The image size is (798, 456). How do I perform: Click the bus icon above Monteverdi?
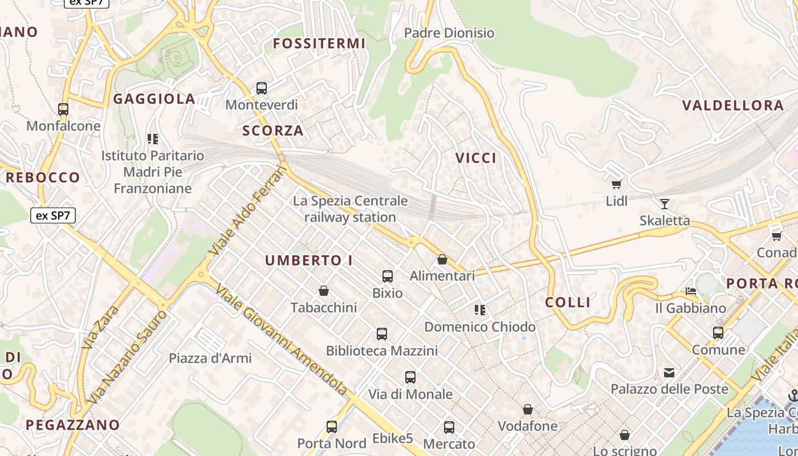(262, 88)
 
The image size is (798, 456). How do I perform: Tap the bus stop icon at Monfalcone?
(63, 109)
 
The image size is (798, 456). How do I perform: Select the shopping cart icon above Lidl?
(616, 184)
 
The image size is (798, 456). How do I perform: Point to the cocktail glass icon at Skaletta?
(665, 203)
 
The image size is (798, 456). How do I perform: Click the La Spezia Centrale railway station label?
(350, 209)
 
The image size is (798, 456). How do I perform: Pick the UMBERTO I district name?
(309, 260)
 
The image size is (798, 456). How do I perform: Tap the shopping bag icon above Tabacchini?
(324, 291)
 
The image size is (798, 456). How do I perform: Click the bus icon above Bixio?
(388, 276)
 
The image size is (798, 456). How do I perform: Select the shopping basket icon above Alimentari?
(442, 259)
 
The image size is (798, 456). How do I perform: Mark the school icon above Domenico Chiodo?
(480, 310)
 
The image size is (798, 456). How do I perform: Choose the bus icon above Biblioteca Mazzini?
(382, 334)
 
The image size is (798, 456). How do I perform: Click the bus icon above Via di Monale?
(410, 377)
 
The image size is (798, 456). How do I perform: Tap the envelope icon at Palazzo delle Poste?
(669, 373)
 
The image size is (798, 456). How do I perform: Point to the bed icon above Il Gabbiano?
(691, 291)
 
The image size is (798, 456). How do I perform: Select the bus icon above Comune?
(718, 332)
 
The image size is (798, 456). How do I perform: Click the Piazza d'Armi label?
(210, 359)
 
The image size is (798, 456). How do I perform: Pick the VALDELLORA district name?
(733, 105)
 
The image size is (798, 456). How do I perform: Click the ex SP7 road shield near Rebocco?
(52, 215)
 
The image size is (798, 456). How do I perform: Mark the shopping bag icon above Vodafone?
(528, 409)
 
